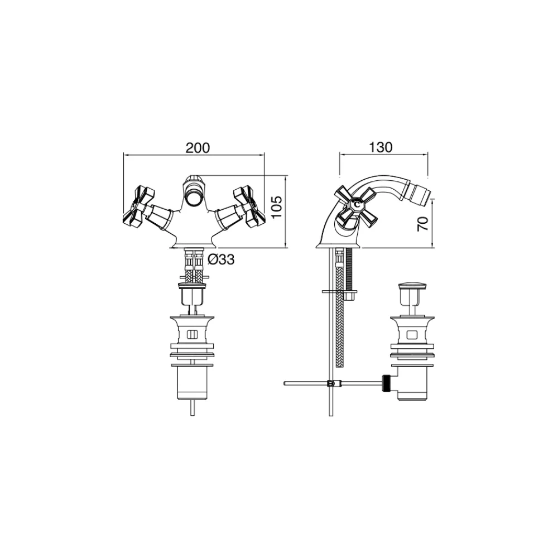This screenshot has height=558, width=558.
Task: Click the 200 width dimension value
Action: tap(198, 148)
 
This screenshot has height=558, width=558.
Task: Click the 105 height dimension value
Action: tap(277, 207)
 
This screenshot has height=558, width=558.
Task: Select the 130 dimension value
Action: tap(381, 147)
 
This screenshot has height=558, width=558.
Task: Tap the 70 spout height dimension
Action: tap(423, 224)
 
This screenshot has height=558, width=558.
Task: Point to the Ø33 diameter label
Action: tap(220, 260)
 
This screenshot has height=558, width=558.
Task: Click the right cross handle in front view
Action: tap(249, 207)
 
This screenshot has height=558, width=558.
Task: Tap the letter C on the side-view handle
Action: tap(357, 204)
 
